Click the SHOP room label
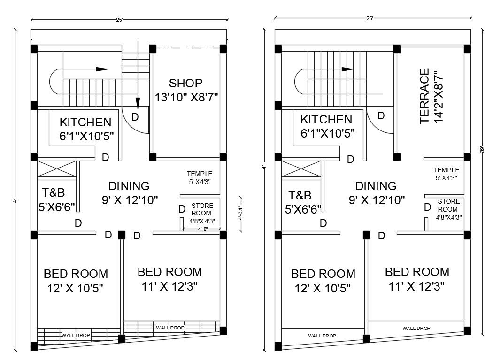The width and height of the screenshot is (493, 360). (x=186, y=83)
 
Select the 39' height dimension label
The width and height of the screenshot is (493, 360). (x=482, y=150)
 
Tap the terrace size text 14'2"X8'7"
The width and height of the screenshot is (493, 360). (x=439, y=97)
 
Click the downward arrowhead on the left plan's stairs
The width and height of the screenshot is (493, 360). (x=138, y=102)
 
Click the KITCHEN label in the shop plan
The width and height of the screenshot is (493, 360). (x=85, y=123)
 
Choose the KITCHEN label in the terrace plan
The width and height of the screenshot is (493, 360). (x=326, y=120)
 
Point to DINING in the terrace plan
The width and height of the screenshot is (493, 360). (x=376, y=185)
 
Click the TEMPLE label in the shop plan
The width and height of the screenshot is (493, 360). (x=200, y=174)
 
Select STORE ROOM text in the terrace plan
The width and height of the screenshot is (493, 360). (x=448, y=205)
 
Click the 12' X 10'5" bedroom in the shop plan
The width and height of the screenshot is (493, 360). (x=75, y=281)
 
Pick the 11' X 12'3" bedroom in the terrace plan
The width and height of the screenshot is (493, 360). (x=416, y=279)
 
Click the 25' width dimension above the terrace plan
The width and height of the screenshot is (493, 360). (x=370, y=18)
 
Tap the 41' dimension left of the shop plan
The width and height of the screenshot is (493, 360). (x=16, y=199)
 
